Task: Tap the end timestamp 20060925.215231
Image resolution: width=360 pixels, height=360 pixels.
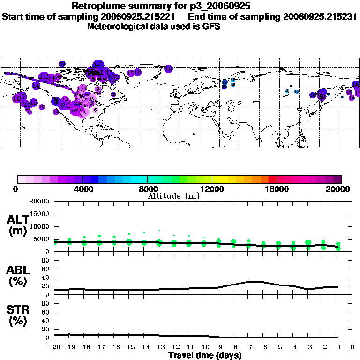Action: point(321,17)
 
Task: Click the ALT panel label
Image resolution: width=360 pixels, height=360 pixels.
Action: point(17,219)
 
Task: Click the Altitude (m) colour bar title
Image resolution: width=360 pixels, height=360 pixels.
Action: point(173,196)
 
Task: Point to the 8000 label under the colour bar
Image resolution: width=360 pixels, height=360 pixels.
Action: point(147,189)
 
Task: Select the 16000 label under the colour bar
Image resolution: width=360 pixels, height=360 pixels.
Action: point(277,189)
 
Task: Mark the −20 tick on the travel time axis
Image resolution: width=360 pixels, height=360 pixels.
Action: point(54,347)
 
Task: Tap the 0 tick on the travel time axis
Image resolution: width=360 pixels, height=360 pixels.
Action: point(352,347)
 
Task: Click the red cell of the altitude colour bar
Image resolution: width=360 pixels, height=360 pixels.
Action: point(273,179)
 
